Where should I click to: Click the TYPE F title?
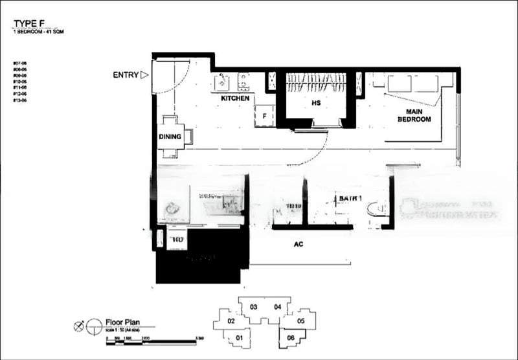(x=28, y=24)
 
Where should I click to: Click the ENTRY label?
(x=126, y=75)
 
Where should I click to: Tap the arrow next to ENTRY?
(x=145, y=75)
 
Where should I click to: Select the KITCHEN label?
(x=235, y=98)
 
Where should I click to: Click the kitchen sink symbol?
(x=221, y=82)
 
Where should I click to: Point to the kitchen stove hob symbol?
(x=244, y=81)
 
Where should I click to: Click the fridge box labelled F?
(x=264, y=116)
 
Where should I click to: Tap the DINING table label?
(x=169, y=137)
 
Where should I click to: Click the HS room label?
(x=316, y=103)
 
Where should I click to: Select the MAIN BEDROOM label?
(x=414, y=115)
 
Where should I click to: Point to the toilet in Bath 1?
(x=374, y=209)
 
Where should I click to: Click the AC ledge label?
(x=298, y=245)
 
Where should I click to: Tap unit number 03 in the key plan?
(x=254, y=307)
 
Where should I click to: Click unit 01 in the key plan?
(x=239, y=337)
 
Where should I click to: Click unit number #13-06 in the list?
(x=19, y=101)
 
